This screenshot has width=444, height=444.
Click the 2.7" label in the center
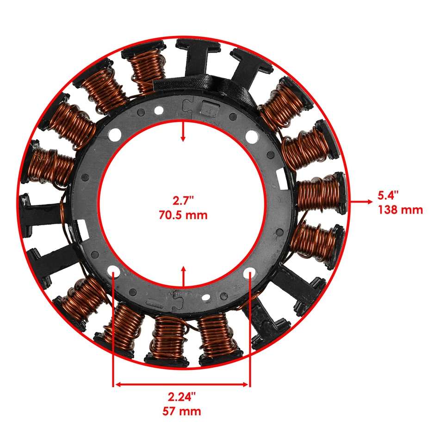point(184,201)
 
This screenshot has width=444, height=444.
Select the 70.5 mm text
point(184,215)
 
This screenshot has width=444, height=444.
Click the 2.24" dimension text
point(182,396)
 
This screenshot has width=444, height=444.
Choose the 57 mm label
point(182,411)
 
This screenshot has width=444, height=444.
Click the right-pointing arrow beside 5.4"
point(361,202)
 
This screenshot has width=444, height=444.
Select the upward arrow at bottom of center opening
point(184,276)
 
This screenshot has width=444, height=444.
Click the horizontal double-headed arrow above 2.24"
point(182,383)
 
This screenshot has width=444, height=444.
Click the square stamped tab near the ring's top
point(208,109)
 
